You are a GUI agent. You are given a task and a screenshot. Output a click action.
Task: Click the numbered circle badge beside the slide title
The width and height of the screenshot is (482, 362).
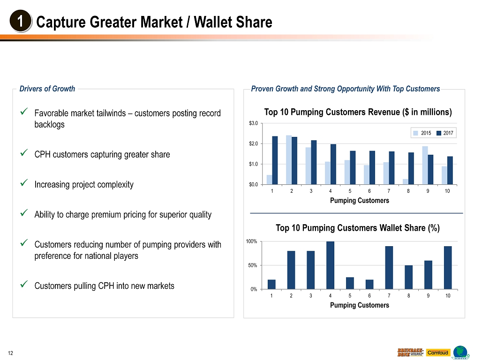pyautogui.click(x=21, y=21)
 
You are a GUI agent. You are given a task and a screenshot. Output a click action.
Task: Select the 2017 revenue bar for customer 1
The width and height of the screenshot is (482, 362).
pyautogui.click(x=275, y=160)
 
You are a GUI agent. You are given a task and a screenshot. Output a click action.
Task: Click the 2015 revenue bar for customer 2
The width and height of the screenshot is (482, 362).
pyautogui.click(x=289, y=160)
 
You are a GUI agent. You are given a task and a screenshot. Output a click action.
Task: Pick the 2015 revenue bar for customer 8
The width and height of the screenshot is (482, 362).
pyautogui.click(x=406, y=181)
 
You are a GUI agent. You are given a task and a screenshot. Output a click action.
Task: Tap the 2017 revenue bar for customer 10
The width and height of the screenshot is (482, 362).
pyautogui.click(x=450, y=170)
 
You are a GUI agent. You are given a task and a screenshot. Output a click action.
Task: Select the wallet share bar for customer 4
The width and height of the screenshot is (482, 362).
pyautogui.click(x=330, y=265)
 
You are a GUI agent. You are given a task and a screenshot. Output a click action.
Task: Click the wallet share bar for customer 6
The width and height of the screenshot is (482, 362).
pyautogui.click(x=369, y=284)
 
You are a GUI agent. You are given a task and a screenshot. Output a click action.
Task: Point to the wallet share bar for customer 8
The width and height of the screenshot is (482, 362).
pyautogui.click(x=408, y=277)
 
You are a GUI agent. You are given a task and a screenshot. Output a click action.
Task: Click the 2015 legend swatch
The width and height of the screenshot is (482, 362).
pyautogui.click(x=415, y=133)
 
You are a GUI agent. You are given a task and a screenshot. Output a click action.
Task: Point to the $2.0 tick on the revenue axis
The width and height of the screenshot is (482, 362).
pyautogui.click(x=253, y=143)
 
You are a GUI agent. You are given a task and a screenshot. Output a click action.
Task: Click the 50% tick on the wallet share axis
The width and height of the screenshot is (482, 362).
pyautogui.click(x=253, y=265)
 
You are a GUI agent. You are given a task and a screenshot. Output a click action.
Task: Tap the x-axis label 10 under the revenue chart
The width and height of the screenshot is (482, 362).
pyautogui.click(x=447, y=191)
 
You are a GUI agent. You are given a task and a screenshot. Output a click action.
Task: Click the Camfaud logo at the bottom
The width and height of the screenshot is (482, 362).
pyautogui.click(x=438, y=353)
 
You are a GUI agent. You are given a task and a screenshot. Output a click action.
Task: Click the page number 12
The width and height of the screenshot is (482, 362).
pyautogui.click(x=10, y=353)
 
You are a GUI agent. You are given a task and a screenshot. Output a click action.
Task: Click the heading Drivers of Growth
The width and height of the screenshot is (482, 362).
pyautogui.click(x=47, y=89)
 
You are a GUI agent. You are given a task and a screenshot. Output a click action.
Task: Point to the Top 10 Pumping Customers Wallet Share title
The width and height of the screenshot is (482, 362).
pyautogui.click(x=357, y=228)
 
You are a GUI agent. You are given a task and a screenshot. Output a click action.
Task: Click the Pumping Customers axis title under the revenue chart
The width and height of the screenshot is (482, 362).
pyautogui.click(x=360, y=200)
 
